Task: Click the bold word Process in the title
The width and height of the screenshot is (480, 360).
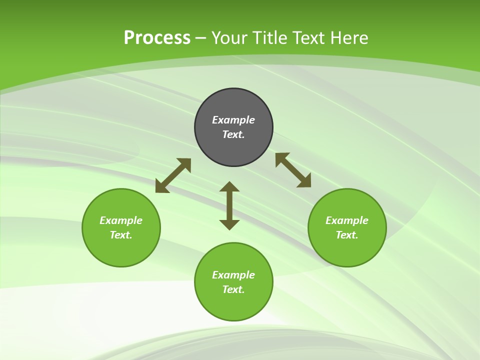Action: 157,38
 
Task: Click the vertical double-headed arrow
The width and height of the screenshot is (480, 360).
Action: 229,205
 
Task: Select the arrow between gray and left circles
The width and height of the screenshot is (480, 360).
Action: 173,175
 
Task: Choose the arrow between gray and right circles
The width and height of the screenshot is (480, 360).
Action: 293,170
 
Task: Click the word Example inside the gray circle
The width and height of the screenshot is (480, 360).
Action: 233,120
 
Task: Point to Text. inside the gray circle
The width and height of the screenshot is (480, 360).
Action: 233,134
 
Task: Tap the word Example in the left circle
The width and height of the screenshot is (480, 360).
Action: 121,220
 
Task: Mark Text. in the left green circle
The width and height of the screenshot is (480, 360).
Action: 121,235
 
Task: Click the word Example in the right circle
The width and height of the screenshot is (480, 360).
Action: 347,220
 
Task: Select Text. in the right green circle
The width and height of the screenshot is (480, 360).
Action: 347,235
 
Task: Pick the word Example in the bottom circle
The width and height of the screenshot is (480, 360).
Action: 233,275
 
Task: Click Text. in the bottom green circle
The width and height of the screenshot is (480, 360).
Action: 233,289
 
